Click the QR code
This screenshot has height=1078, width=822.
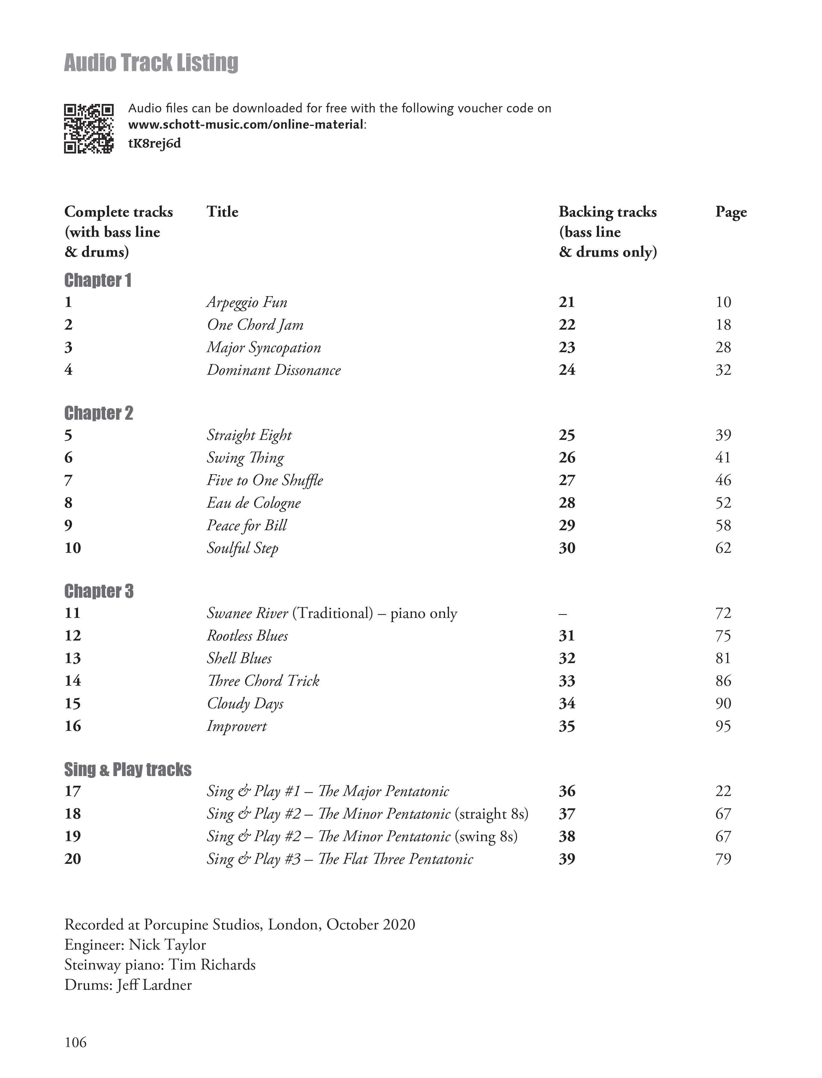(89, 129)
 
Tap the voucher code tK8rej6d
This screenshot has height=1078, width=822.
(154, 143)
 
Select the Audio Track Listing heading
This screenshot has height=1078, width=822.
(151, 63)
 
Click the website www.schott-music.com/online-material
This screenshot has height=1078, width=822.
(246, 125)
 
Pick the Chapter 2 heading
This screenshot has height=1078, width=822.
(98, 413)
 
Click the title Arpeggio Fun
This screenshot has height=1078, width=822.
(246, 302)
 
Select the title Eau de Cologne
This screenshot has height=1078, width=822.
(253, 503)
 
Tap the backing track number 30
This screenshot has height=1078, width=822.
(566, 548)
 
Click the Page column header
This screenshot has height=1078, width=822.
(731, 212)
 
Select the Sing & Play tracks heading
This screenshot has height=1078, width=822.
(128, 770)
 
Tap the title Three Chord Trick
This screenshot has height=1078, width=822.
(263, 681)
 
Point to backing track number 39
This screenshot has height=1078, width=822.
(566, 859)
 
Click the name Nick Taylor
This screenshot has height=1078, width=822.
(167, 945)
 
